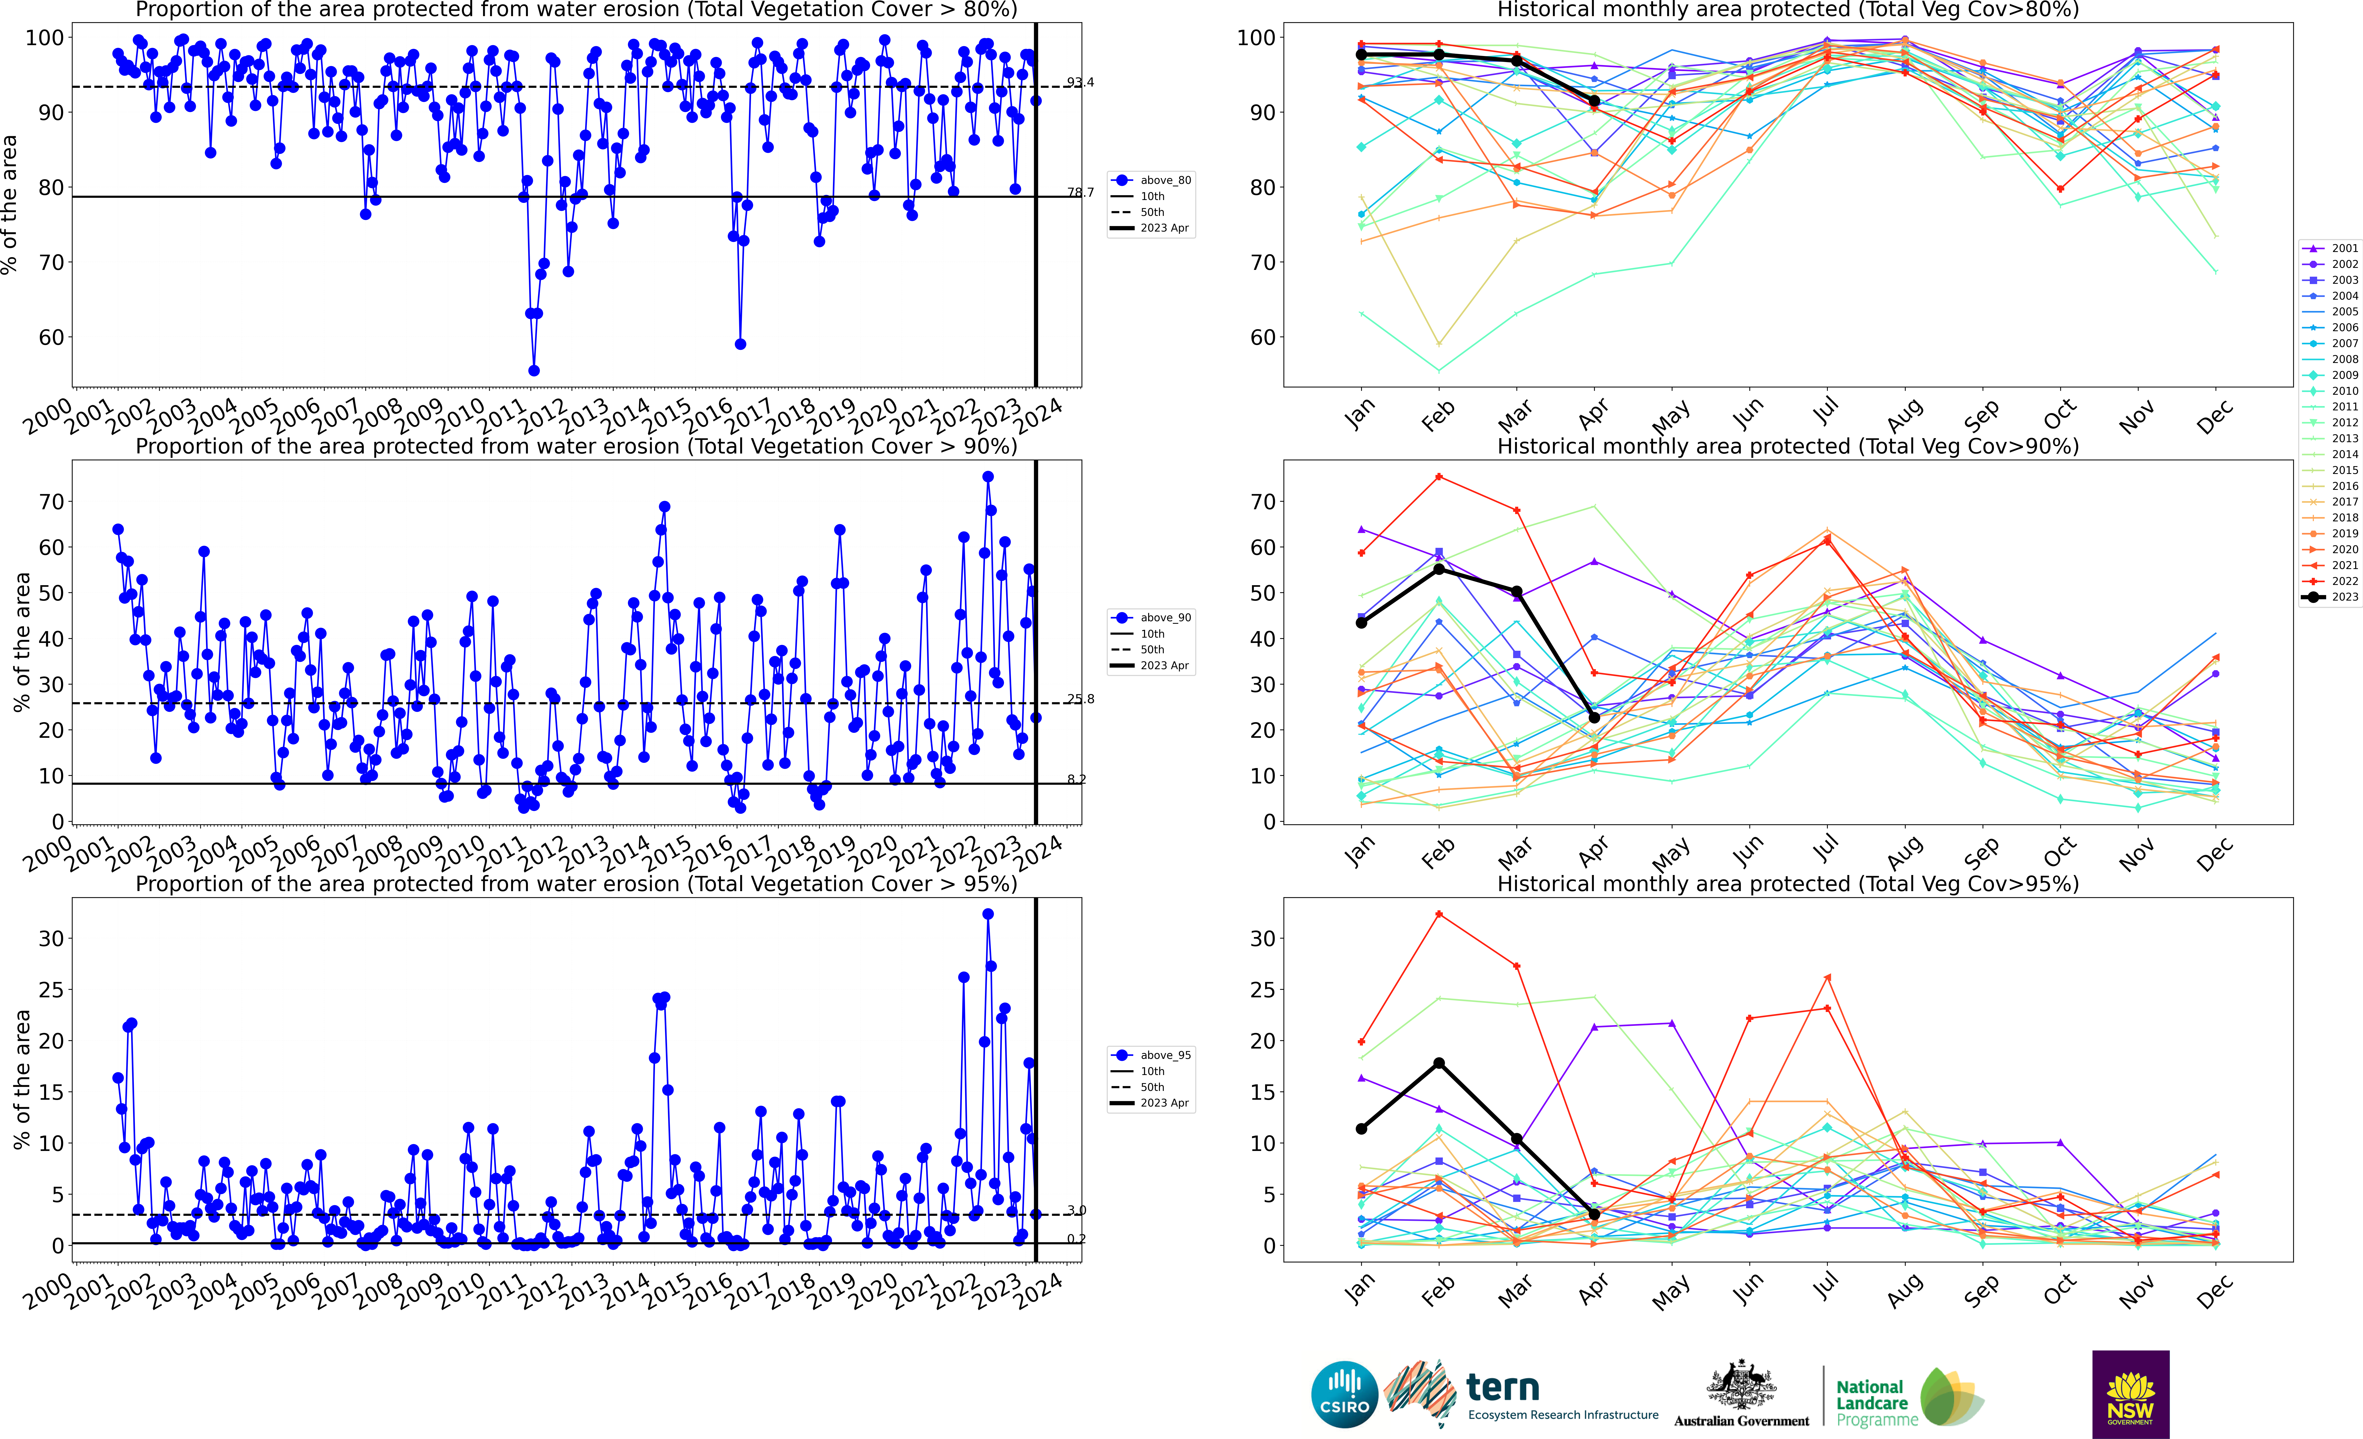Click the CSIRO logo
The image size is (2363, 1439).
(x=1344, y=1394)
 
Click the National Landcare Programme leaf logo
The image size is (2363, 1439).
(x=1952, y=1397)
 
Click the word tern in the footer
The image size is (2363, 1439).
(x=1503, y=1387)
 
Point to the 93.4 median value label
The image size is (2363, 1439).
(x=1080, y=82)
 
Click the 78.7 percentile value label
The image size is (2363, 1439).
(x=1080, y=193)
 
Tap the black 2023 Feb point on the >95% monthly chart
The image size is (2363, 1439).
(x=1439, y=1063)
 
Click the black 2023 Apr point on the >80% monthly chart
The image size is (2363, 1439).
(x=1594, y=101)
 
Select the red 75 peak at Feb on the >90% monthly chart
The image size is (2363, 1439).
(x=1439, y=477)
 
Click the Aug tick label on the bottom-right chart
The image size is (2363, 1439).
(x=1905, y=1292)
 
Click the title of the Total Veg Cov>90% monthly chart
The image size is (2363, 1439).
(x=1788, y=447)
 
